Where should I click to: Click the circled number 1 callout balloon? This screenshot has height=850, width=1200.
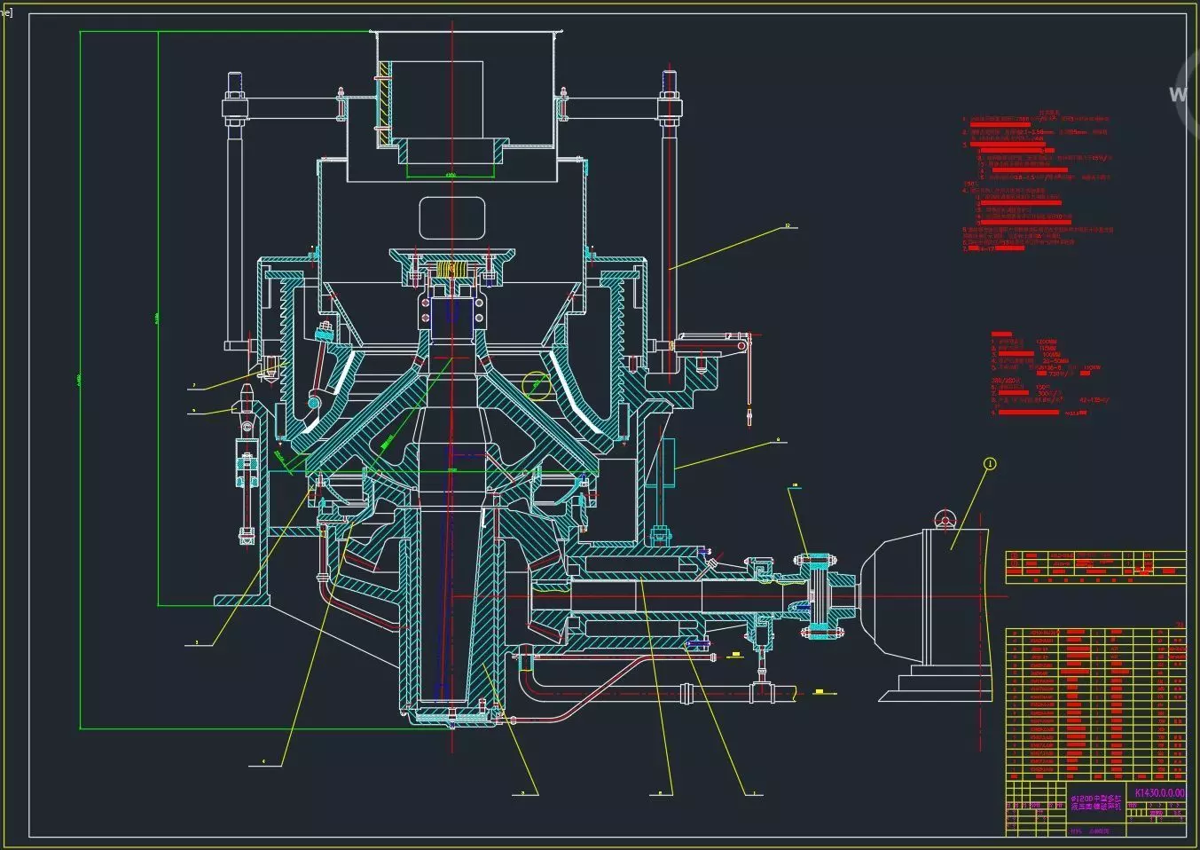(x=990, y=463)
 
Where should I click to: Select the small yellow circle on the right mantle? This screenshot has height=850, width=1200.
(x=536, y=384)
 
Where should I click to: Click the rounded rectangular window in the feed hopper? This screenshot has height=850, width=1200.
(x=451, y=218)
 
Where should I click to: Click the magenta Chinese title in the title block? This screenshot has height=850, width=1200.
(x=1094, y=802)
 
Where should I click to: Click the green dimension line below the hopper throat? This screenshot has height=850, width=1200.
(x=451, y=177)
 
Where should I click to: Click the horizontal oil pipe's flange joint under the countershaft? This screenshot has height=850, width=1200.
(x=686, y=694)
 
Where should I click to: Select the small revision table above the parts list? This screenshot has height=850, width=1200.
(x=1094, y=567)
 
